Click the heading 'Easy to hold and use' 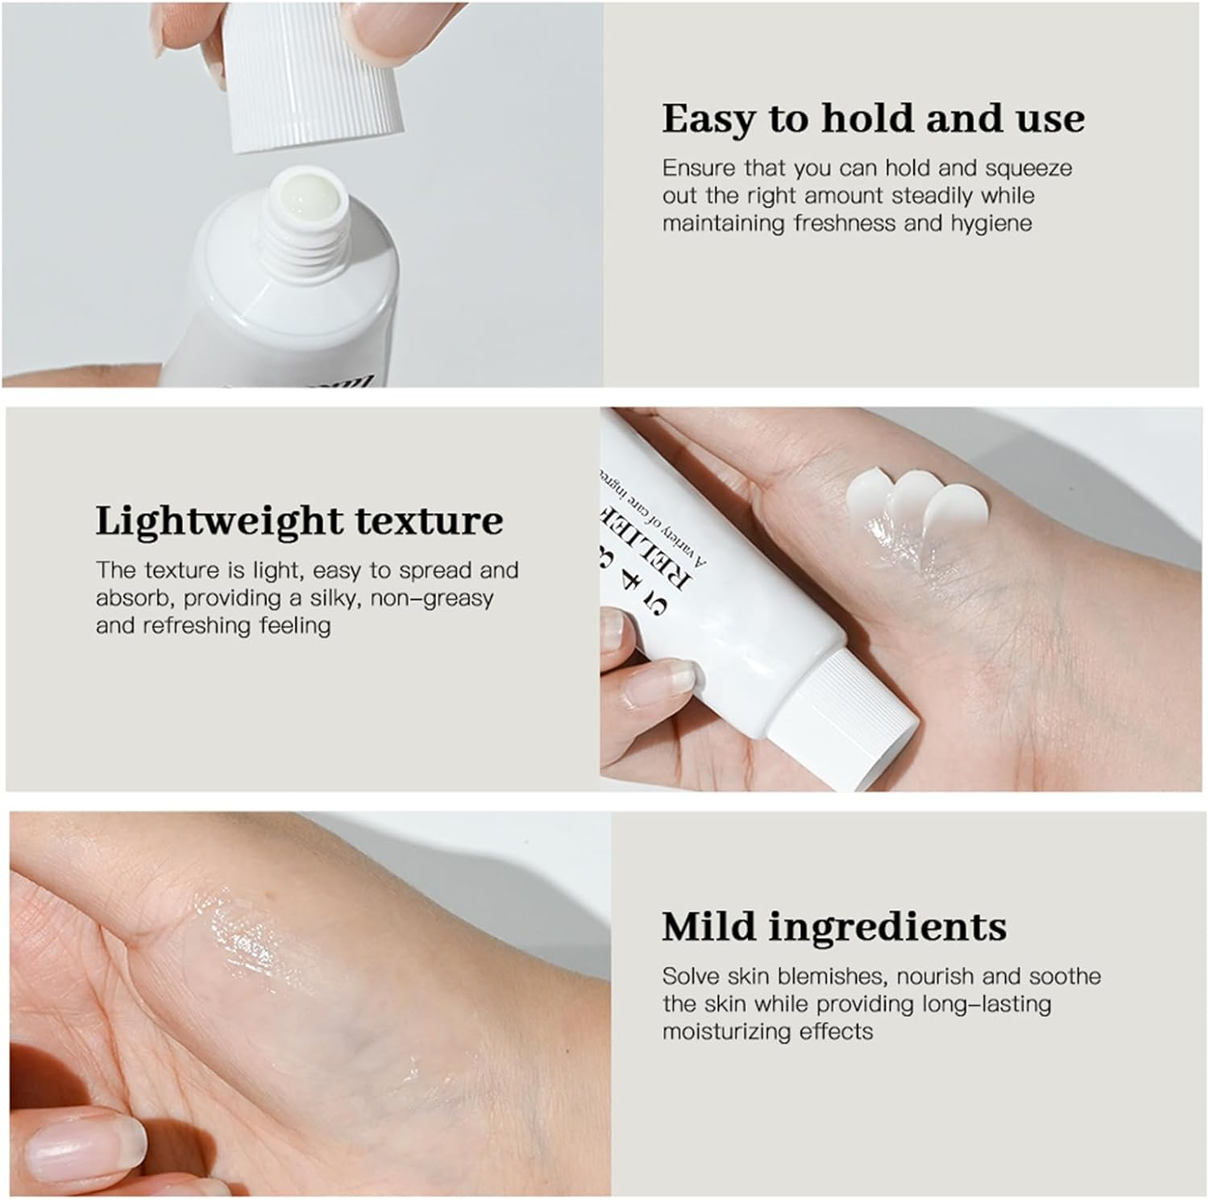(873, 119)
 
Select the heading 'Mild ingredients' (834, 927)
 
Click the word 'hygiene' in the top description (991, 223)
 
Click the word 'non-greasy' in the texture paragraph (431, 599)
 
